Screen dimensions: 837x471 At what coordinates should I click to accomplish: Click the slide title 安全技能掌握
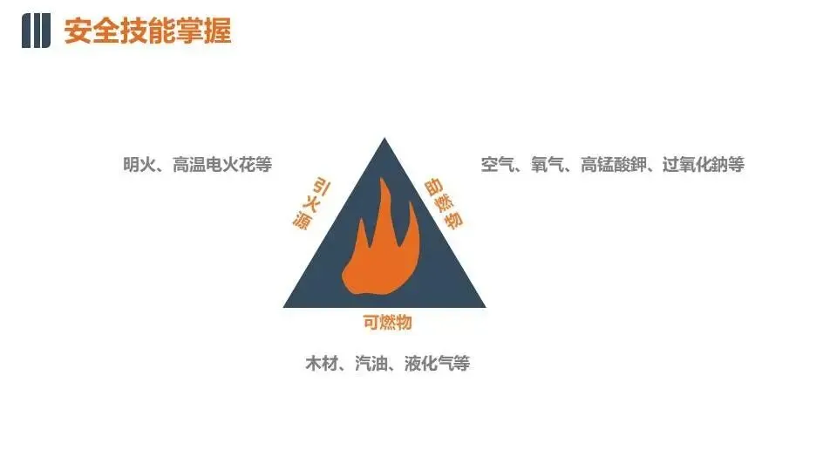(x=147, y=32)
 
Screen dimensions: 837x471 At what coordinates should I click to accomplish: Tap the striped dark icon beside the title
(x=36, y=31)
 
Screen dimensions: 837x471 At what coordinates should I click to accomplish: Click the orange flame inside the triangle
(x=382, y=249)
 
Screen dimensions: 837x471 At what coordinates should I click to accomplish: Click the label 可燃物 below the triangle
(x=386, y=323)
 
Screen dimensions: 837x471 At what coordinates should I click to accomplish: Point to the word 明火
(x=139, y=164)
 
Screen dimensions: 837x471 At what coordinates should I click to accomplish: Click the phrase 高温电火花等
(x=222, y=164)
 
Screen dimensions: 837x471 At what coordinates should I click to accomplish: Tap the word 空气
(x=497, y=164)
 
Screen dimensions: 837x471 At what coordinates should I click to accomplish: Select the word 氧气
(x=548, y=164)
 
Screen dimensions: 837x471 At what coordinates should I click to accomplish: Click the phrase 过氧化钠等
(x=704, y=164)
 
